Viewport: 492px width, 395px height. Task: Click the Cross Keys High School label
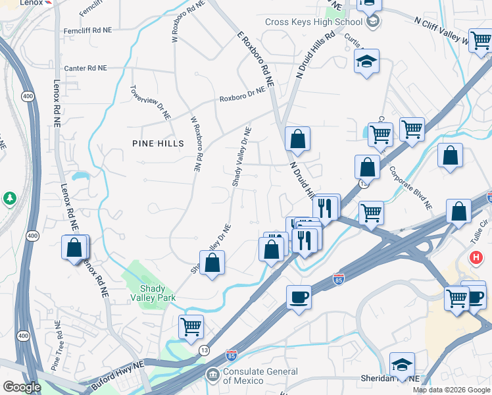tap(314, 22)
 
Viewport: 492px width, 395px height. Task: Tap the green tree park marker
tap(9, 197)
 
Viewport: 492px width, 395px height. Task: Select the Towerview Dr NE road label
tap(150, 103)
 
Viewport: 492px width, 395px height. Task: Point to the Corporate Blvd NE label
tap(410, 187)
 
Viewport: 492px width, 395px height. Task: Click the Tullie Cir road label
tap(484, 231)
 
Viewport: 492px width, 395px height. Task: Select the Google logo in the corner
tap(22, 387)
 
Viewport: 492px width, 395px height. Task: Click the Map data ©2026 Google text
tap(451, 390)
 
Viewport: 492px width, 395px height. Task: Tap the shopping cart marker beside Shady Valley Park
tap(191, 326)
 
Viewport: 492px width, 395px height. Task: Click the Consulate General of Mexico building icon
tap(212, 376)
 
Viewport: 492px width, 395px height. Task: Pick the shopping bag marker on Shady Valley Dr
tap(212, 263)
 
